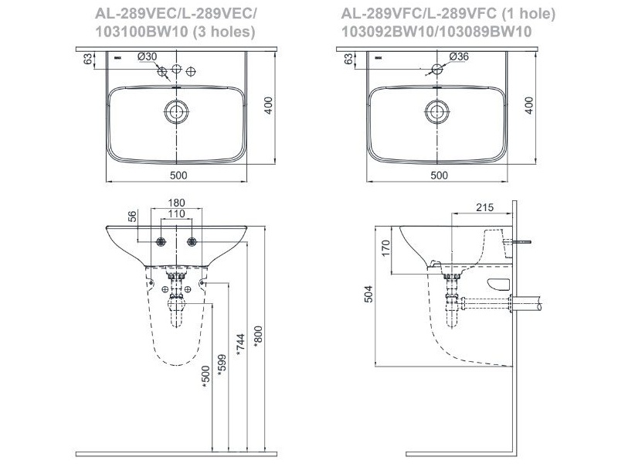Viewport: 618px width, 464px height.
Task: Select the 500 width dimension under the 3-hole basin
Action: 178,176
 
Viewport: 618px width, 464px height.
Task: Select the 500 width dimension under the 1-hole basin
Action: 438,176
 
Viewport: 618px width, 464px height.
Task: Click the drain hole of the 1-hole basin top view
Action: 438,111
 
